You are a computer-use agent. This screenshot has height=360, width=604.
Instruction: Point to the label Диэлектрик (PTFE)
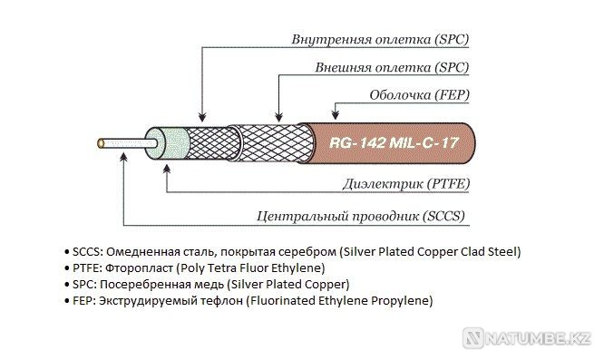point(404,184)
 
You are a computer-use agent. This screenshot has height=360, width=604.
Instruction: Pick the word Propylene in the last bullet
point(402,300)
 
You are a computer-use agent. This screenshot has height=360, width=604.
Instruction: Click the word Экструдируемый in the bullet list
point(151,300)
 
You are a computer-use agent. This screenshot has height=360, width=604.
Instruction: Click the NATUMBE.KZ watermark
point(535,338)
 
